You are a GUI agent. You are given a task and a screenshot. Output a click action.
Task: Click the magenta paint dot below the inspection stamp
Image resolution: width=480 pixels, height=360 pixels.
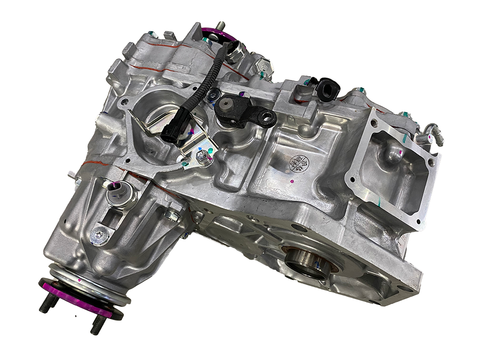292,182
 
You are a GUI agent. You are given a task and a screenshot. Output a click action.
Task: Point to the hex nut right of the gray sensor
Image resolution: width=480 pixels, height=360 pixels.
171,216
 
